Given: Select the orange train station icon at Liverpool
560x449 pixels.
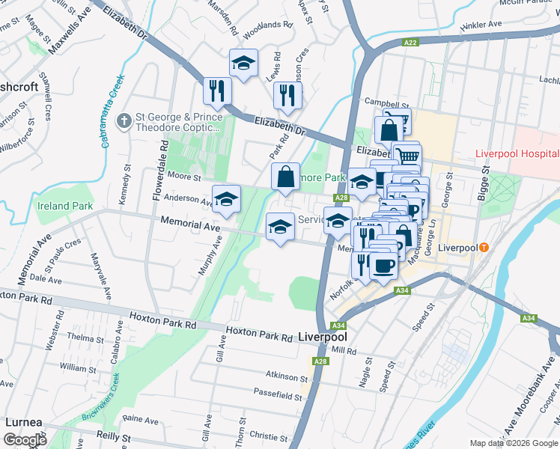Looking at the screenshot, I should point(484,247).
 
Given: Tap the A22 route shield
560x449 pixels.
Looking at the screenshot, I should point(410,43).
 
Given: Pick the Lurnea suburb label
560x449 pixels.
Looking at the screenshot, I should point(23,422).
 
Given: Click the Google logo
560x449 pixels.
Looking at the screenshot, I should point(25,440).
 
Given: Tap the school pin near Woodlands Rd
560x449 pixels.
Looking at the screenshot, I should point(243,64).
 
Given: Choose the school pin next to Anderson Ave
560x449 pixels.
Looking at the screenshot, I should point(225,199).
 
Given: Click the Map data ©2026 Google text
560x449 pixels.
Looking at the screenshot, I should point(513,443).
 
